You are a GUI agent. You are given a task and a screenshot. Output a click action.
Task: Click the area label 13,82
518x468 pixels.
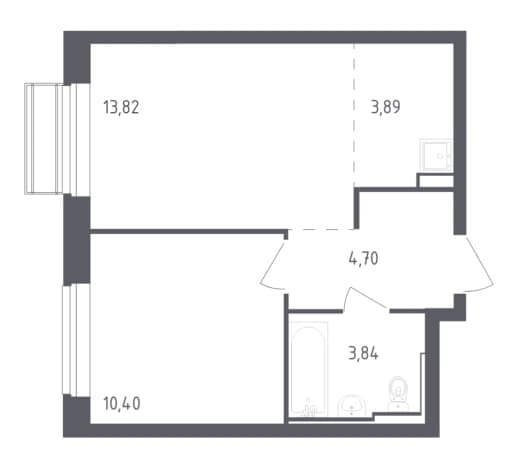(121, 107)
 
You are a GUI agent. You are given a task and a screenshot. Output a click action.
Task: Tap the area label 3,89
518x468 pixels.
(386, 107)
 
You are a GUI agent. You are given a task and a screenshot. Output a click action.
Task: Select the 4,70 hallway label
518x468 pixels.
(363, 258)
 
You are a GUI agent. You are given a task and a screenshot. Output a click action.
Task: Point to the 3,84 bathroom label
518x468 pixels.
(363, 353)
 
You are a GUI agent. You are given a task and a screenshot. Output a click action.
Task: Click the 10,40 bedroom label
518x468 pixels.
(122, 404)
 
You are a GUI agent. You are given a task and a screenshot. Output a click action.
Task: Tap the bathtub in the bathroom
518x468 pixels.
(308, 369)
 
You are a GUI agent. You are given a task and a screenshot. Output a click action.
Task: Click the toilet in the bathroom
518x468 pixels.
(398, 393)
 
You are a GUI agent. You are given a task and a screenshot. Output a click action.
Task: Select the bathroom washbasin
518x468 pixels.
(352, 406)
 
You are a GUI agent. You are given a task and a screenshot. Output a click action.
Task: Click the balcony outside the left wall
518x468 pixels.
(44, 138)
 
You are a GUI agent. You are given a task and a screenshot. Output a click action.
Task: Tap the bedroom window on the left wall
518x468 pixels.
(76, 340)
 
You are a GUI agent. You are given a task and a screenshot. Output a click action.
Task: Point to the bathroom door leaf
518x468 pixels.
(367, 296)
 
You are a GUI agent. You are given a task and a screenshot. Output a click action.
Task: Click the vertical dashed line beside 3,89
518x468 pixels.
(354, 115)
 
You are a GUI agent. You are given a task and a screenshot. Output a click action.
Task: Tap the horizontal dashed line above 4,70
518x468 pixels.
(321, 230)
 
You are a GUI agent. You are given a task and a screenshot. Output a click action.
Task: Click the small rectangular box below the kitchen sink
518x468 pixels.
(435, 180)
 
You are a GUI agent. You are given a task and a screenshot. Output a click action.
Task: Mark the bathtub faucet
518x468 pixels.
(309, 408)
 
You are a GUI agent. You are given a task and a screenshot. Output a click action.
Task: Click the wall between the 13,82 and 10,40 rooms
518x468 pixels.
(189, 231)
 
